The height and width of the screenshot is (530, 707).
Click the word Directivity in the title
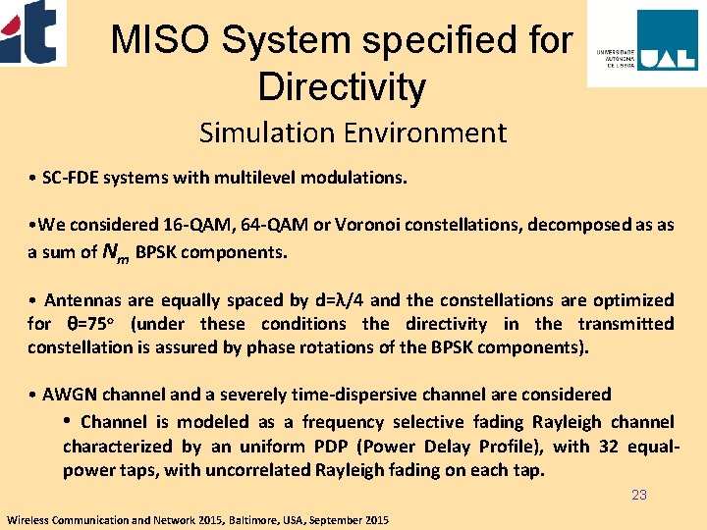coord(341,87)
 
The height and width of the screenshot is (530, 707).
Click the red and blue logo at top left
coord(32,31)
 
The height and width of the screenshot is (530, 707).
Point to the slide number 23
coord(639,495)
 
